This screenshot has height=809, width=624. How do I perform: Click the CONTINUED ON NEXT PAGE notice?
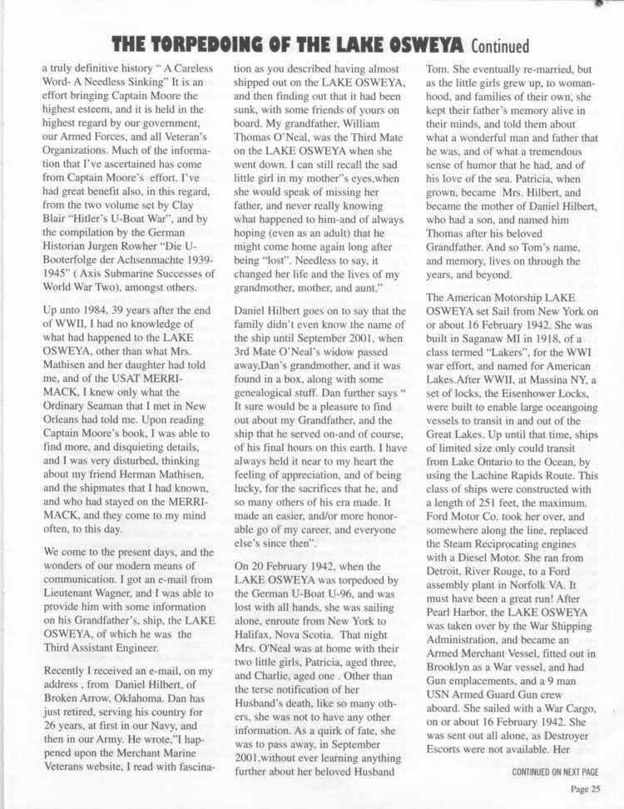[x=550, y=772]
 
